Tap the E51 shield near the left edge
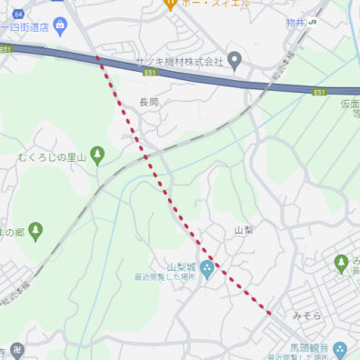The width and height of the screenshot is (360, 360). [6, 49]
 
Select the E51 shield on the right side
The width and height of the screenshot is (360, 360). [319, 92]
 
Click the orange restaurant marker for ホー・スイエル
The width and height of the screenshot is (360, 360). [169, 4]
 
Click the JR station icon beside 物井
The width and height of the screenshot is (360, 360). [313, 20]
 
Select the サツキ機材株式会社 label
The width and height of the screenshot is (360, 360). [179, 61]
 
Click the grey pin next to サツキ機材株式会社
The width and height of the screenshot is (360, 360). [235, 62]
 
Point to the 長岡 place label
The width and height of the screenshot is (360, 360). [149, 103]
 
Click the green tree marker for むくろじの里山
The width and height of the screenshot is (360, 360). [98, 156]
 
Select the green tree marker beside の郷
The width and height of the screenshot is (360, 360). [35, 232]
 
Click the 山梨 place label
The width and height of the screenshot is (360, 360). [244, 231]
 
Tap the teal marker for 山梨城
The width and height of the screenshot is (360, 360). [206, 268]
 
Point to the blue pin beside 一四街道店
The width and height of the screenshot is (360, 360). [60, 22]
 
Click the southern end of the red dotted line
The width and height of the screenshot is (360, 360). [269, 313]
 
